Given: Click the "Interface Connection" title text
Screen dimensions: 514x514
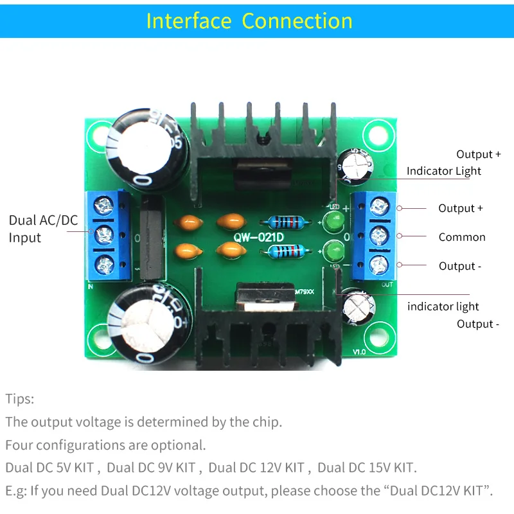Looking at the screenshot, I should [x=249, y=21].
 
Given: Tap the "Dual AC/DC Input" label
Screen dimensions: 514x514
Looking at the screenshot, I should [x=43, y=229].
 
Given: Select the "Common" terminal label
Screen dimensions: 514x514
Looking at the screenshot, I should [x=462, y=237].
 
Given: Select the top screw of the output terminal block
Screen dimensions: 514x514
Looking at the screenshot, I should [x=381, y=206].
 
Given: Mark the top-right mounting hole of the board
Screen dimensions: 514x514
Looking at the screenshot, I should [x=375, y=135].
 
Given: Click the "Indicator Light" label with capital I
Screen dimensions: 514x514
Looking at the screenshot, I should [x=443, y=171].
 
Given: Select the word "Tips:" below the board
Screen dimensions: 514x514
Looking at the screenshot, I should [x=20, y=399].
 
